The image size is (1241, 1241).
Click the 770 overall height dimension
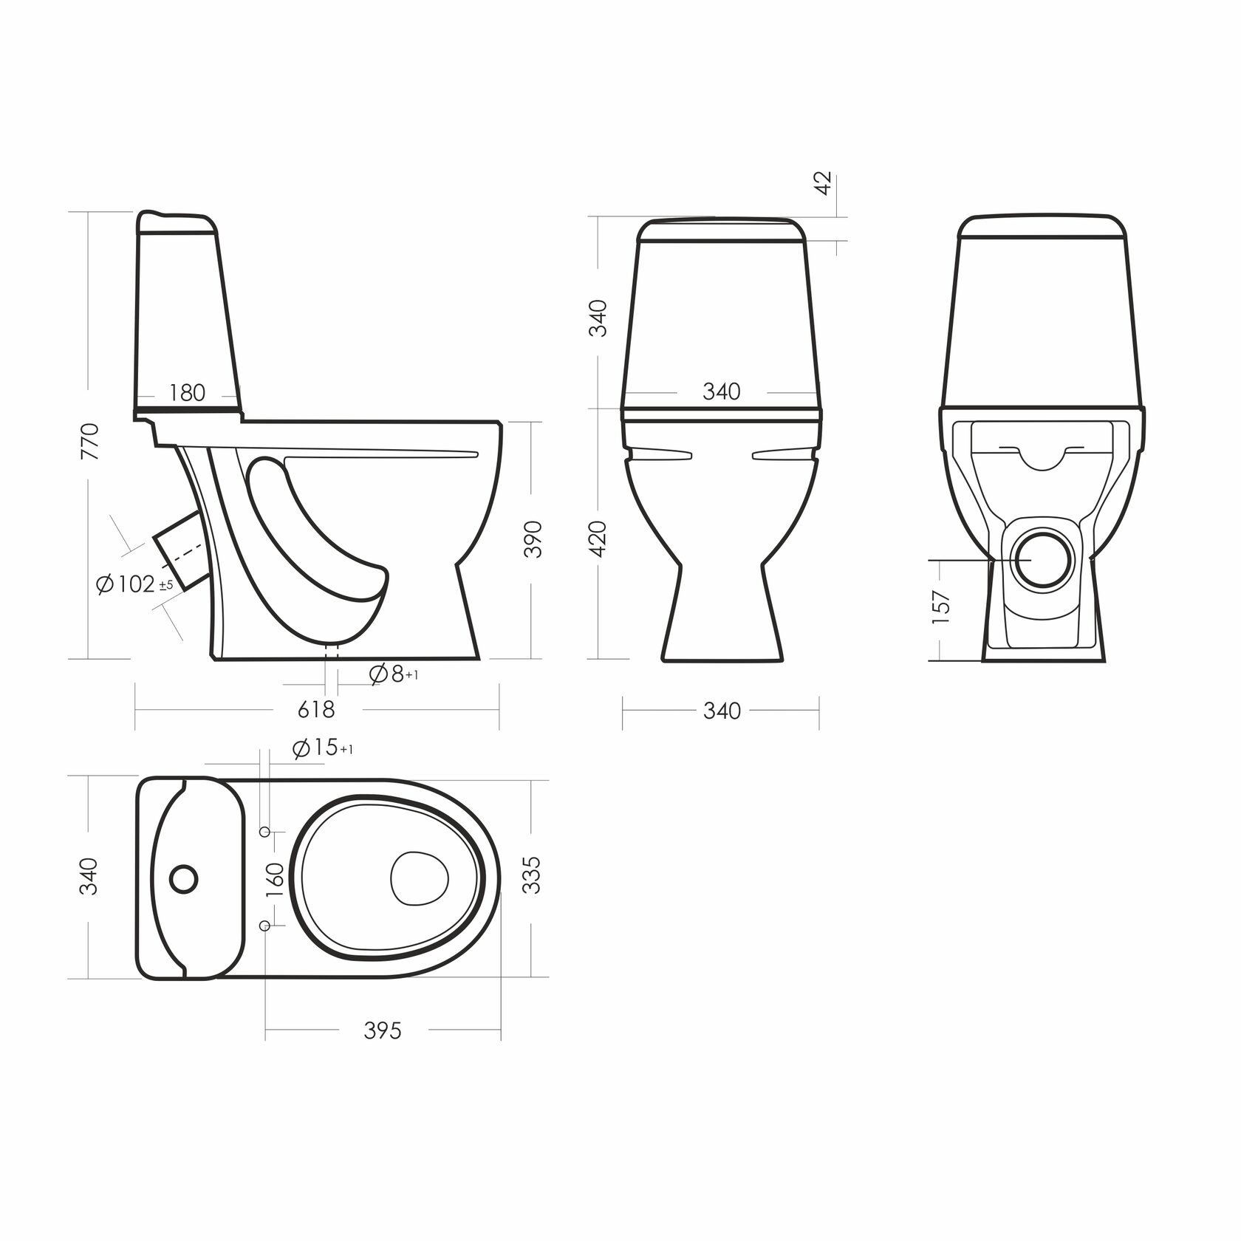pos(89,441)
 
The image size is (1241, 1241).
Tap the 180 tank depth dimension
pos(187,392)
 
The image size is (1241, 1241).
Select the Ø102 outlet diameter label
pos(134,584)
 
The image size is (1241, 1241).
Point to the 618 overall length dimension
pos(316,710)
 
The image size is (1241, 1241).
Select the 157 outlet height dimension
pos(941,607)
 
